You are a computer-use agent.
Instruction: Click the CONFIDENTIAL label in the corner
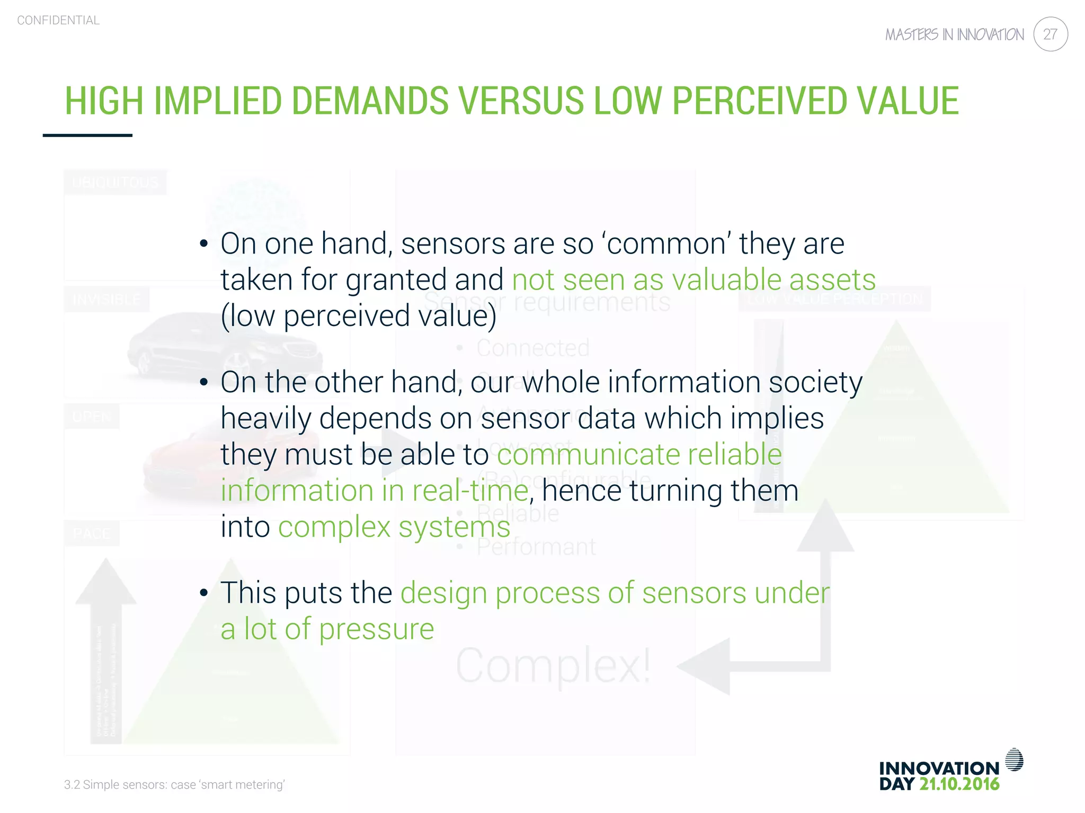(x=58, y=20)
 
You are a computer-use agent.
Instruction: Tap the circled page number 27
(x=1050, y=34)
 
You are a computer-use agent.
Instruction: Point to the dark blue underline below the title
(x=87, y=135)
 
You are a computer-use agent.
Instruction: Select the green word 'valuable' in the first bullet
(x=725, y=279)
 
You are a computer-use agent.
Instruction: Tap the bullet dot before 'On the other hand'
(x=204, y=383)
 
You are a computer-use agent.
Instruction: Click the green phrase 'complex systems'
(x=394, y=527)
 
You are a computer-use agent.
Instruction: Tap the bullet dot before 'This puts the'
(x=204, y=593)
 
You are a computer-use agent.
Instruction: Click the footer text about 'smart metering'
(x=174, y=784)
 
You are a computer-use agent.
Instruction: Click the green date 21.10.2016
(x=959, y=784)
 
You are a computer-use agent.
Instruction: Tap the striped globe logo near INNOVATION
(x=1014, y=760)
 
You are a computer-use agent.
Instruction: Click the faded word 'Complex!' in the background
(x=553, y=666)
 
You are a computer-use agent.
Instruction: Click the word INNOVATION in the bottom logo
(x=939, y=768)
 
